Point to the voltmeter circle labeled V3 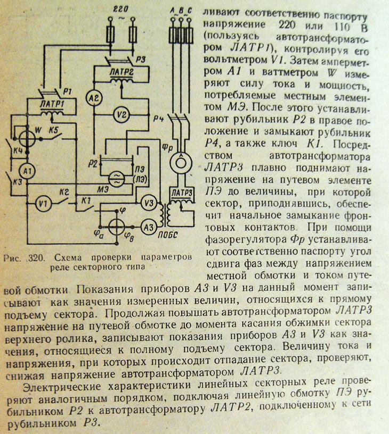(x=150, y=203)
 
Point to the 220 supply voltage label (x=122, y=9)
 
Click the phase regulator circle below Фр (x=180, y=159)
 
